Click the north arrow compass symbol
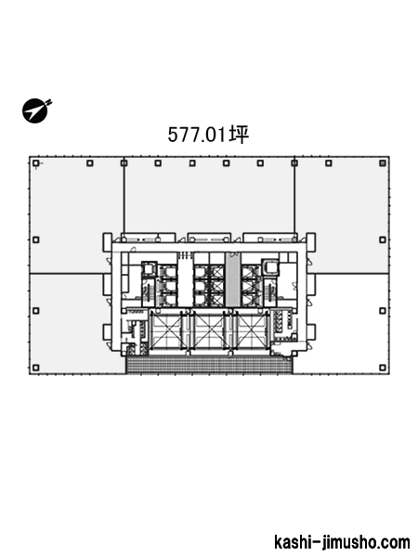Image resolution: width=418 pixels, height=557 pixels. [35, 110]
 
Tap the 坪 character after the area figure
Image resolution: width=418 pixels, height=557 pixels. [239, 135]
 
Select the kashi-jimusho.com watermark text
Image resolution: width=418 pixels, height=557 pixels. [342, 542]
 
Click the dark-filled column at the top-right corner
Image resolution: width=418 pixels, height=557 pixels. [383, 163]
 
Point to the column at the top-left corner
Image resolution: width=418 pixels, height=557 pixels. [35, 163]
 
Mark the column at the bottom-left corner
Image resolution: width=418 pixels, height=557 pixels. [35, 368]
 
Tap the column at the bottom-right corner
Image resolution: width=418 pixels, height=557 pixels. [383, 368]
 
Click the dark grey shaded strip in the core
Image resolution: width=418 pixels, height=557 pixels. [232, 279]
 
